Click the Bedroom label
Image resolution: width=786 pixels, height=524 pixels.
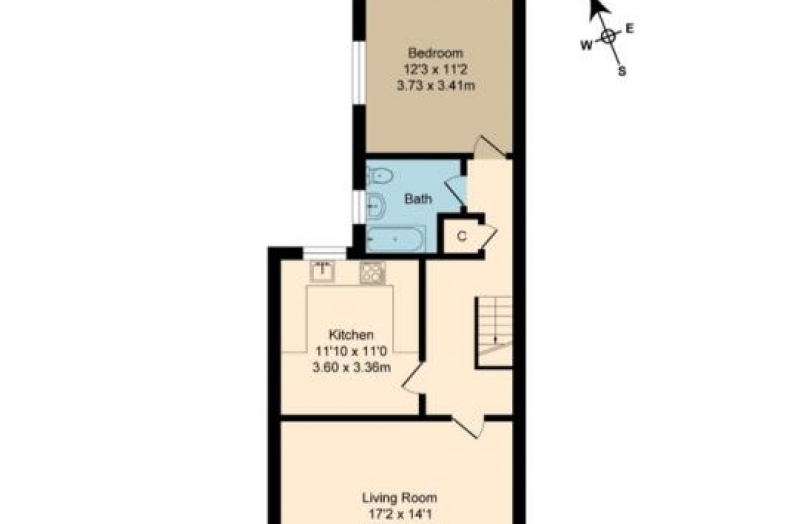click(435, 53)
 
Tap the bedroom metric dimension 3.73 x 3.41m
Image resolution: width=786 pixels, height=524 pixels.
click(436, 86)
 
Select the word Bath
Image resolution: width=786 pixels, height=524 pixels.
click(418, 199)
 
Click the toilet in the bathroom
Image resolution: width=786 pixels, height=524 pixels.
click(379, 176)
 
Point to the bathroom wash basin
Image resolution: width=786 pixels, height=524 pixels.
click(375, 205)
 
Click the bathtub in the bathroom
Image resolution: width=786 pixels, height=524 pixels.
click(396, 239)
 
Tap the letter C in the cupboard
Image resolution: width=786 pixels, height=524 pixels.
click(462, 236)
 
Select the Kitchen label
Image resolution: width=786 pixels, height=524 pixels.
click(351, 334)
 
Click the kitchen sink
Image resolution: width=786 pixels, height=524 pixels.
click(322, 272)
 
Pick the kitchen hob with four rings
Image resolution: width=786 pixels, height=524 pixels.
click(372, 273)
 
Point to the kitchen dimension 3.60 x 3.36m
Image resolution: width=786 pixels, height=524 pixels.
click(351, 368)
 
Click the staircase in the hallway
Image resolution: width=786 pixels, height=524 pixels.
click(494, 332)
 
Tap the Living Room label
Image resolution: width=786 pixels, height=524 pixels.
click(400, 498)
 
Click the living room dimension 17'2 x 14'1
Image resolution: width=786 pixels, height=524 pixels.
click(400, 514)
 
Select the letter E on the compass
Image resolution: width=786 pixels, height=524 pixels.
click(630, 29)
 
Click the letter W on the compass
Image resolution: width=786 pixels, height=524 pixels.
click(587, 46)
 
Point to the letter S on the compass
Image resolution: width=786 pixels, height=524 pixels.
click(622, 71)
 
